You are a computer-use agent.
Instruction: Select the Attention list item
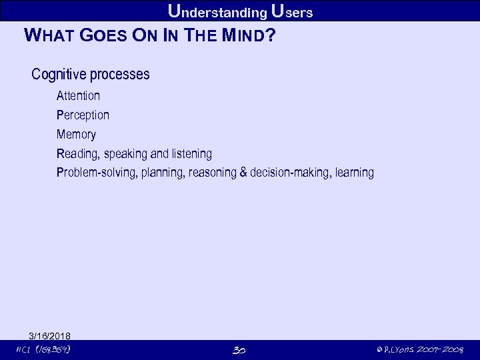[x=78, y=96]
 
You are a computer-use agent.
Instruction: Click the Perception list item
[x=83, y=115]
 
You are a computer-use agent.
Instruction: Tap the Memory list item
[x=76, y=135]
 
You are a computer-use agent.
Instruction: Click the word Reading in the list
[x=77, y=154]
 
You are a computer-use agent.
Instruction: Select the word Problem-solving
[x=97, y=173]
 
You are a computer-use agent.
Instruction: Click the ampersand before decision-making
[x=243, y=173]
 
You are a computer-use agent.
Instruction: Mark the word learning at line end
[x=355, y=173]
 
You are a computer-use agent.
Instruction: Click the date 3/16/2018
[x=49, y=335]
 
